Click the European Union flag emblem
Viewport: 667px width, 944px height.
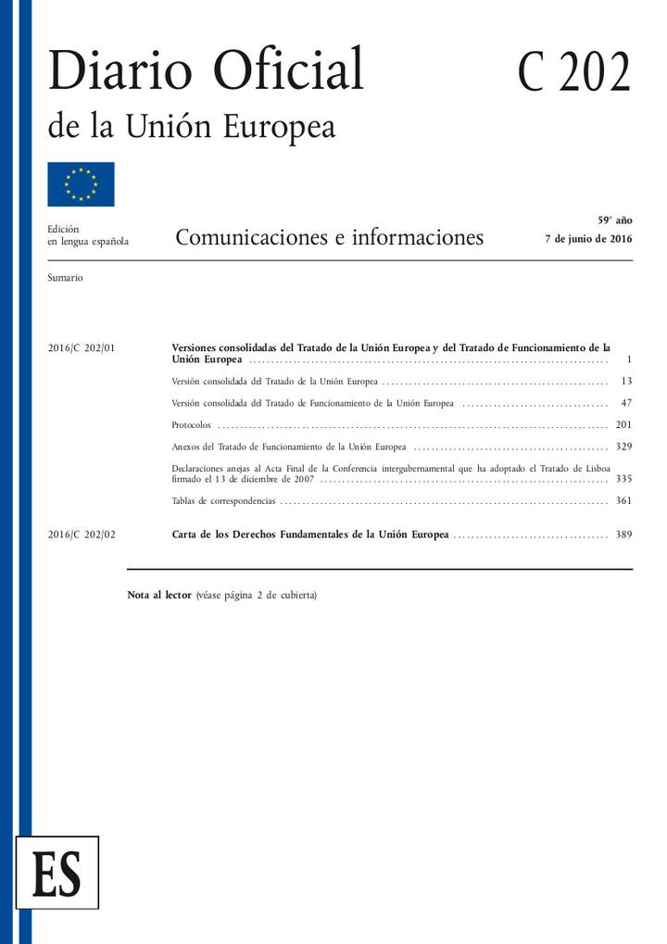click(81, 184)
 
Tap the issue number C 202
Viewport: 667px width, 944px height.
click(573, 73)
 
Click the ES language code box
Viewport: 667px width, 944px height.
click(57, 872)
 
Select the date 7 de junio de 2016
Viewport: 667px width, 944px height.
click(589, 239)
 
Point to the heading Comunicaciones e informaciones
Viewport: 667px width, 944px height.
click(329, 238)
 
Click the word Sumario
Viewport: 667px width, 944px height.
click(65, 278)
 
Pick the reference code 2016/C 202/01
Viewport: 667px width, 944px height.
click(81, 348)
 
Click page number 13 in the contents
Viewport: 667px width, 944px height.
click(626, 381)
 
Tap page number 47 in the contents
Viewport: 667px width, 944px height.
click(626, 403)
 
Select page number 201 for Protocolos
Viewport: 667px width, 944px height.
click(623, 425)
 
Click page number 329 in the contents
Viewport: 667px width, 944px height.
click(623, 447)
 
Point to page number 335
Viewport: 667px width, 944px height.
click(623, 479)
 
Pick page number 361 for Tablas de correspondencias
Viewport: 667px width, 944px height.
click(623, 501)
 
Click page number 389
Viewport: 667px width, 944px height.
click(623, 535)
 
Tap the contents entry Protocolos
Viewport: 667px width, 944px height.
click(192, 425)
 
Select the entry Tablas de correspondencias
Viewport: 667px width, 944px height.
click(224, 501)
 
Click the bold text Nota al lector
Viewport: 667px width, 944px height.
click(159, 595)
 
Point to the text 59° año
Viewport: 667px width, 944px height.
click(614, 220)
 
